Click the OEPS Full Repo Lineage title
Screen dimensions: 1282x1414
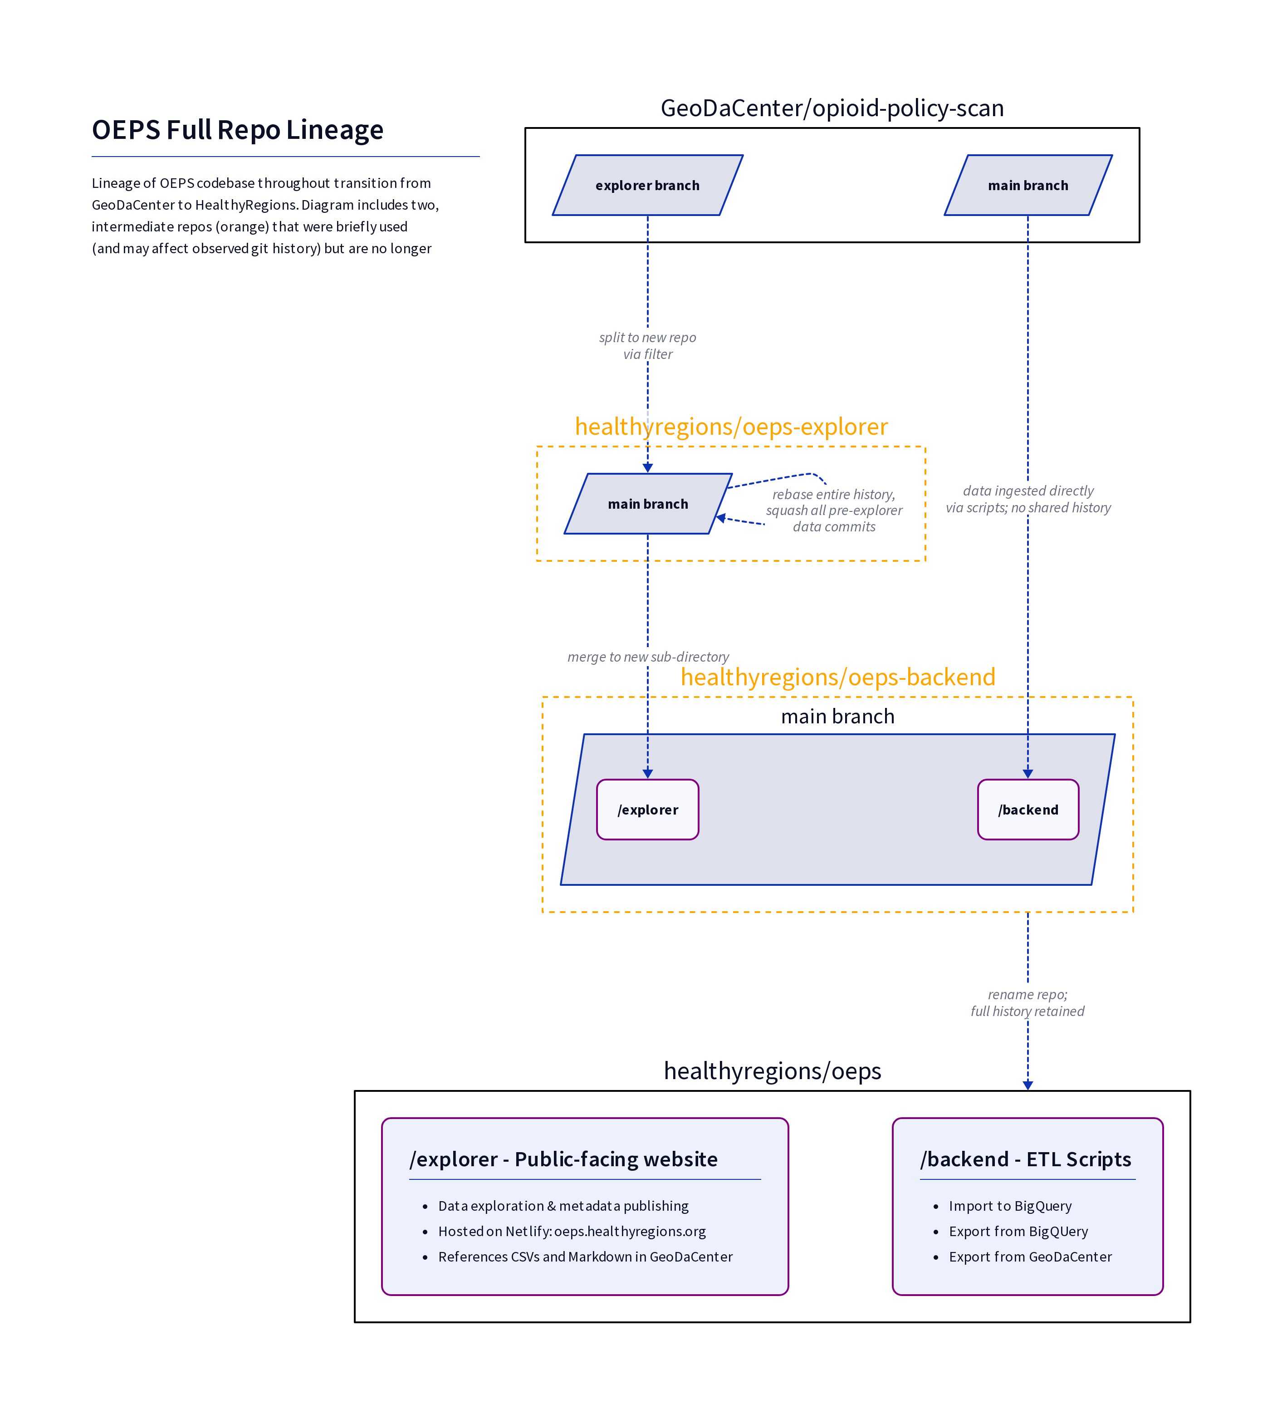pos(237,130)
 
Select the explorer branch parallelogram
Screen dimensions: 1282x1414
pos(647,185)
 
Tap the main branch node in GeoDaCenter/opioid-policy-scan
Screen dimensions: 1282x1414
pos(1028,185)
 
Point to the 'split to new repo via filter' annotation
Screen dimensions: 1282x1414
pos(647,346)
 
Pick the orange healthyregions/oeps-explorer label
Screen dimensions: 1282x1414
pos(731,427)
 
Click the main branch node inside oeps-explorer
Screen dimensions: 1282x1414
pos(648,504)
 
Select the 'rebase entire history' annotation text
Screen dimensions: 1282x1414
pos(834,511)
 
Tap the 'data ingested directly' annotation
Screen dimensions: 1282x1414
pos(1028,499)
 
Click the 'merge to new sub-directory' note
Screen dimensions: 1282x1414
pos(648,657)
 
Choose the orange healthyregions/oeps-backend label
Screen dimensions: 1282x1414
pos(838,677)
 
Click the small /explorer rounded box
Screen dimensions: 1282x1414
pos(647,810)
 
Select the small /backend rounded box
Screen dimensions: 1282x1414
pos(1028,810)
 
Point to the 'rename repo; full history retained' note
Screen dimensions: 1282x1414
pos(1028,1002)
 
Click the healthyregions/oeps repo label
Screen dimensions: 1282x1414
pos(772,1071)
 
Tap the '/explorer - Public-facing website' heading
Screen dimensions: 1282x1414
pos(563,1159)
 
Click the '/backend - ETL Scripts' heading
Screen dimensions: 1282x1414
pos(1025,1159)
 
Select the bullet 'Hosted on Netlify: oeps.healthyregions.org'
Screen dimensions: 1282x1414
pos(572,1231)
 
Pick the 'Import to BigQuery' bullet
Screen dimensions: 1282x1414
pos(1010,1206)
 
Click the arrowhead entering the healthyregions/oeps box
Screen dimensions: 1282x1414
pos(1028,1085)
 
